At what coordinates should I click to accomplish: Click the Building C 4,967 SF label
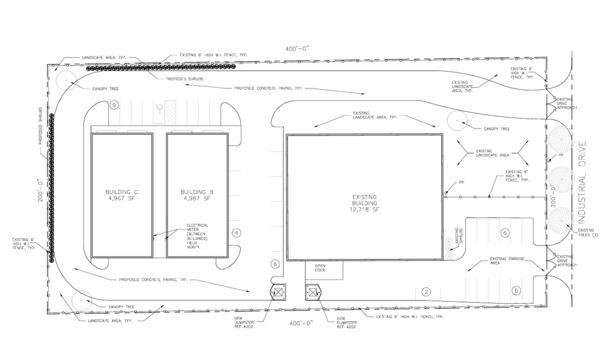(x=122, y=195)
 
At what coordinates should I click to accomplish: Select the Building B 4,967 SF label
(x=196, y=195)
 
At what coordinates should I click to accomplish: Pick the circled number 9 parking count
(x=114, y=105)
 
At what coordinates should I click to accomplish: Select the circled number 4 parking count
(x=236, y=233)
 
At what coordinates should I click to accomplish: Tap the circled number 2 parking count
(x=426, y=291)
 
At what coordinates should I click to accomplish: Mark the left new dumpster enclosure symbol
(x=278, y=291)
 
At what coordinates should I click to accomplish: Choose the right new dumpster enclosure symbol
(x=311, y=291)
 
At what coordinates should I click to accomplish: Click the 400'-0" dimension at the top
(x=297, y=48)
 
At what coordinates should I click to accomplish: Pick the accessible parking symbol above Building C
(x=158, y=108)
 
